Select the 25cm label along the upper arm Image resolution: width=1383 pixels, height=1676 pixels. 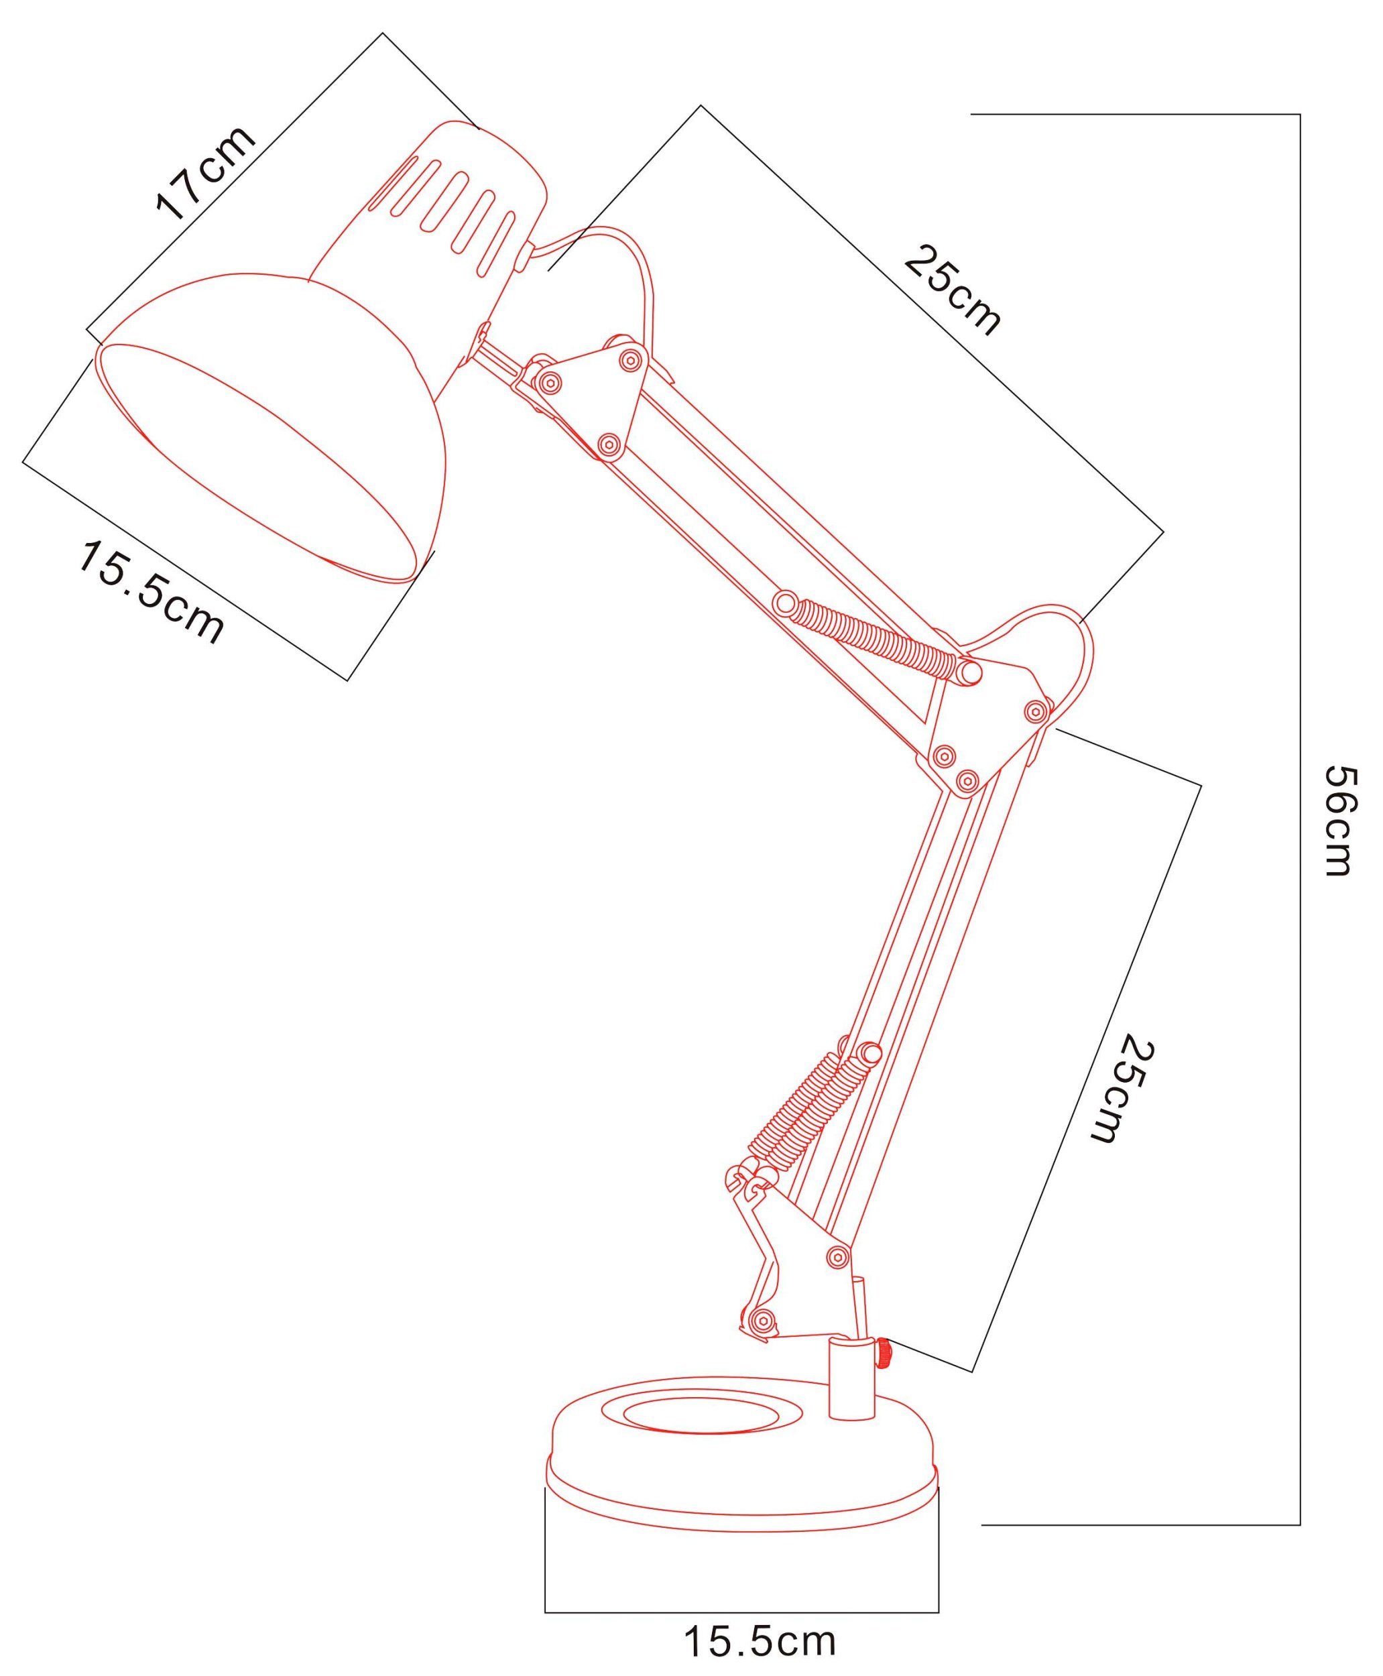pyautogui.click(x=952, y=291)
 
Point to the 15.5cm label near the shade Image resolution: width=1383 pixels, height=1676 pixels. pyautogui.click(x=151, y=591)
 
